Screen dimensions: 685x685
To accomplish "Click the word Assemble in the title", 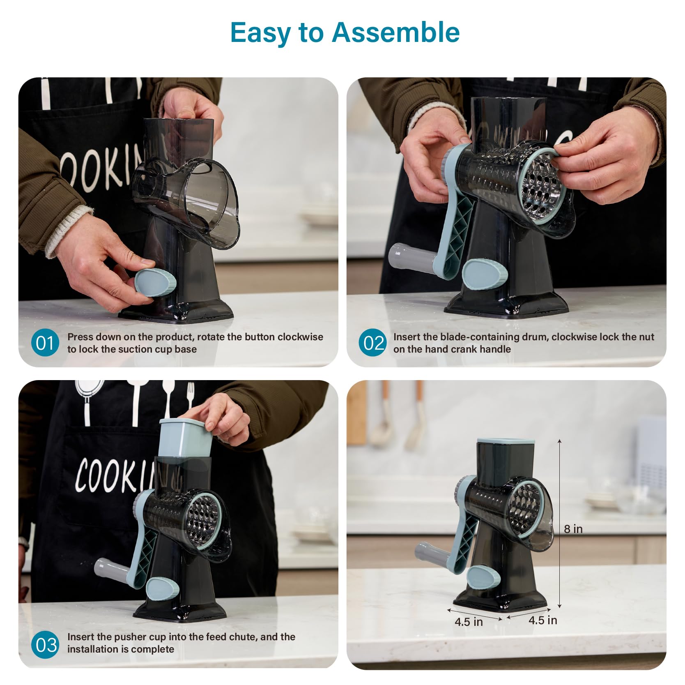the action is (x=396, y=32).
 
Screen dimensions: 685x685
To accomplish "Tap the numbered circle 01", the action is (x=45, y=343).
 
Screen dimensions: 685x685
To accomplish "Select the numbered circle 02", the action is (x=372, y=343).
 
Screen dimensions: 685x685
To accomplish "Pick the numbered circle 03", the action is (x=45, y=645).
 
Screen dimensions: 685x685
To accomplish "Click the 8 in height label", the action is (x=573, y=529).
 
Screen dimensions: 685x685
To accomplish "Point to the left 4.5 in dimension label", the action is (x=469, y=622).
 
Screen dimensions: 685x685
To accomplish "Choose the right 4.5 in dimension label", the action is (x=542, y=620).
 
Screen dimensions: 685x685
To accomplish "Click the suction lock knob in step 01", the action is (x=155, y=283).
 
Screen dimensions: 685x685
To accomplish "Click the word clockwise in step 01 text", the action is (x=300, y=337).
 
